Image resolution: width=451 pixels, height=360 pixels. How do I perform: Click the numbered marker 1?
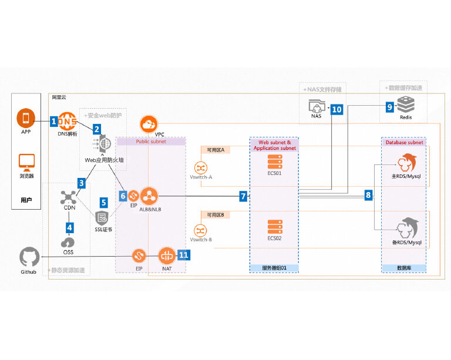click(x=54, y=121)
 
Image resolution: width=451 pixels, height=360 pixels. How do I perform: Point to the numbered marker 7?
click(x=243, y=196)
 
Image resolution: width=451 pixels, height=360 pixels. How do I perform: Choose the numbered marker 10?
click(x=336, y=109)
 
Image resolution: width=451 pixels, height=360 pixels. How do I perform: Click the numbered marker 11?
click(x=184, y=255)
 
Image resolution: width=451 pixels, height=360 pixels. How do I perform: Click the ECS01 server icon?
click(x=274, y=162)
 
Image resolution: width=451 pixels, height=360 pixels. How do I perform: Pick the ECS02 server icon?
click(x=274, y=226)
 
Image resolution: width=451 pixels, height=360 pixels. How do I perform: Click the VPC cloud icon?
click(x=149, y=124)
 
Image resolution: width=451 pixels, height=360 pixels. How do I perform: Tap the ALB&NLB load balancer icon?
click(x=149, y=195)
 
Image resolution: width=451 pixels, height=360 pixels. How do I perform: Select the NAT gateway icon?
click(x=167, y=256)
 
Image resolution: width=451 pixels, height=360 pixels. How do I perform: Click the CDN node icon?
click(x=68, y=197)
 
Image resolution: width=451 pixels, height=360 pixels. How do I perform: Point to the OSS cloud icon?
click(x=68, y=241)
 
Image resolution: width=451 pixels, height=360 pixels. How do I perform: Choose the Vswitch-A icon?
click(x=201, y=169)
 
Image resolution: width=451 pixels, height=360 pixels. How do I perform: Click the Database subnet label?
click(x=403, y=142)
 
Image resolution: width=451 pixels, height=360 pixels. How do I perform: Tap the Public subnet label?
click(x=151, y=142)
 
